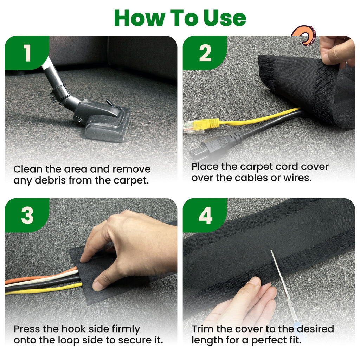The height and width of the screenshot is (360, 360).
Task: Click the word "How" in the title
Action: click(x=140, y=18)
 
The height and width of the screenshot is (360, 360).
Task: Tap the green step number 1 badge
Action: click(x=27, y=53)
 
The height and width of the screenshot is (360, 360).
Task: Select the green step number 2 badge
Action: click(x=205, y=53)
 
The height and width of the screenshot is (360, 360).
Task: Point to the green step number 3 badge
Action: click(x=27, y=215)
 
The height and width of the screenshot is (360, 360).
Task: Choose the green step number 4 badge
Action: click(x=205, y=215)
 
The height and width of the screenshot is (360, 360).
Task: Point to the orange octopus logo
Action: click(x=304, y=35)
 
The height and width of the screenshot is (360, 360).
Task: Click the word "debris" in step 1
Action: click(x=50, y=180)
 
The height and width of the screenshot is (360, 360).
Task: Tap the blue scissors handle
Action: click(x=300, y=330)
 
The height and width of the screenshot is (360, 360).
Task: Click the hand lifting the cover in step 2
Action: click(x=336, y=52)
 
